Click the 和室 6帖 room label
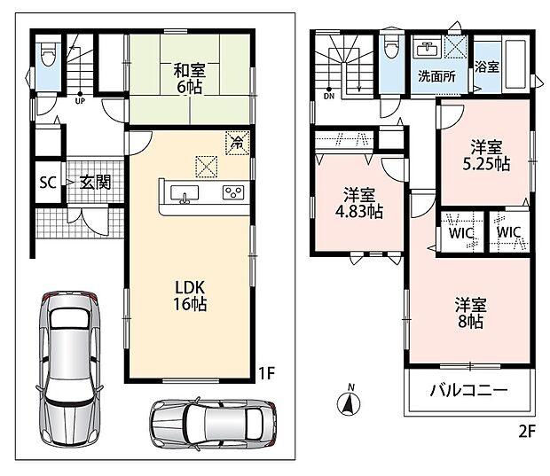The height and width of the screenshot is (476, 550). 190,79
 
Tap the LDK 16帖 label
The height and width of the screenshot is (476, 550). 190,296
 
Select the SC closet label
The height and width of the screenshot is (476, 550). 48,183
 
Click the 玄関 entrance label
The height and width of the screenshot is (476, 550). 96,183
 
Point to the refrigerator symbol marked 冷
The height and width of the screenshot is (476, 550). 238,143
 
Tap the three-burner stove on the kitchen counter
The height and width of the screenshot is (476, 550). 233,192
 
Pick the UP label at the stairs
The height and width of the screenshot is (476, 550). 80,101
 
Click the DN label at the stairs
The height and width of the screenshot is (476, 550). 329,97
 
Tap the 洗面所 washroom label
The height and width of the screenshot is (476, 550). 436,76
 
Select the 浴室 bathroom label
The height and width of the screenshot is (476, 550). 487,66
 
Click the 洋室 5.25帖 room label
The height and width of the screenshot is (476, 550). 486,156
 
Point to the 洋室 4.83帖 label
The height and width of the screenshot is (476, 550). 359,203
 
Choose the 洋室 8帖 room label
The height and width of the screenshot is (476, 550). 471,313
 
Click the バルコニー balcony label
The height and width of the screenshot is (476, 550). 468,390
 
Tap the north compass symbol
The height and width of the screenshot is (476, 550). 349,402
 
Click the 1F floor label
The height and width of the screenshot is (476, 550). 266,373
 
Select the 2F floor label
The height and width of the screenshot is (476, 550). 527,431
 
